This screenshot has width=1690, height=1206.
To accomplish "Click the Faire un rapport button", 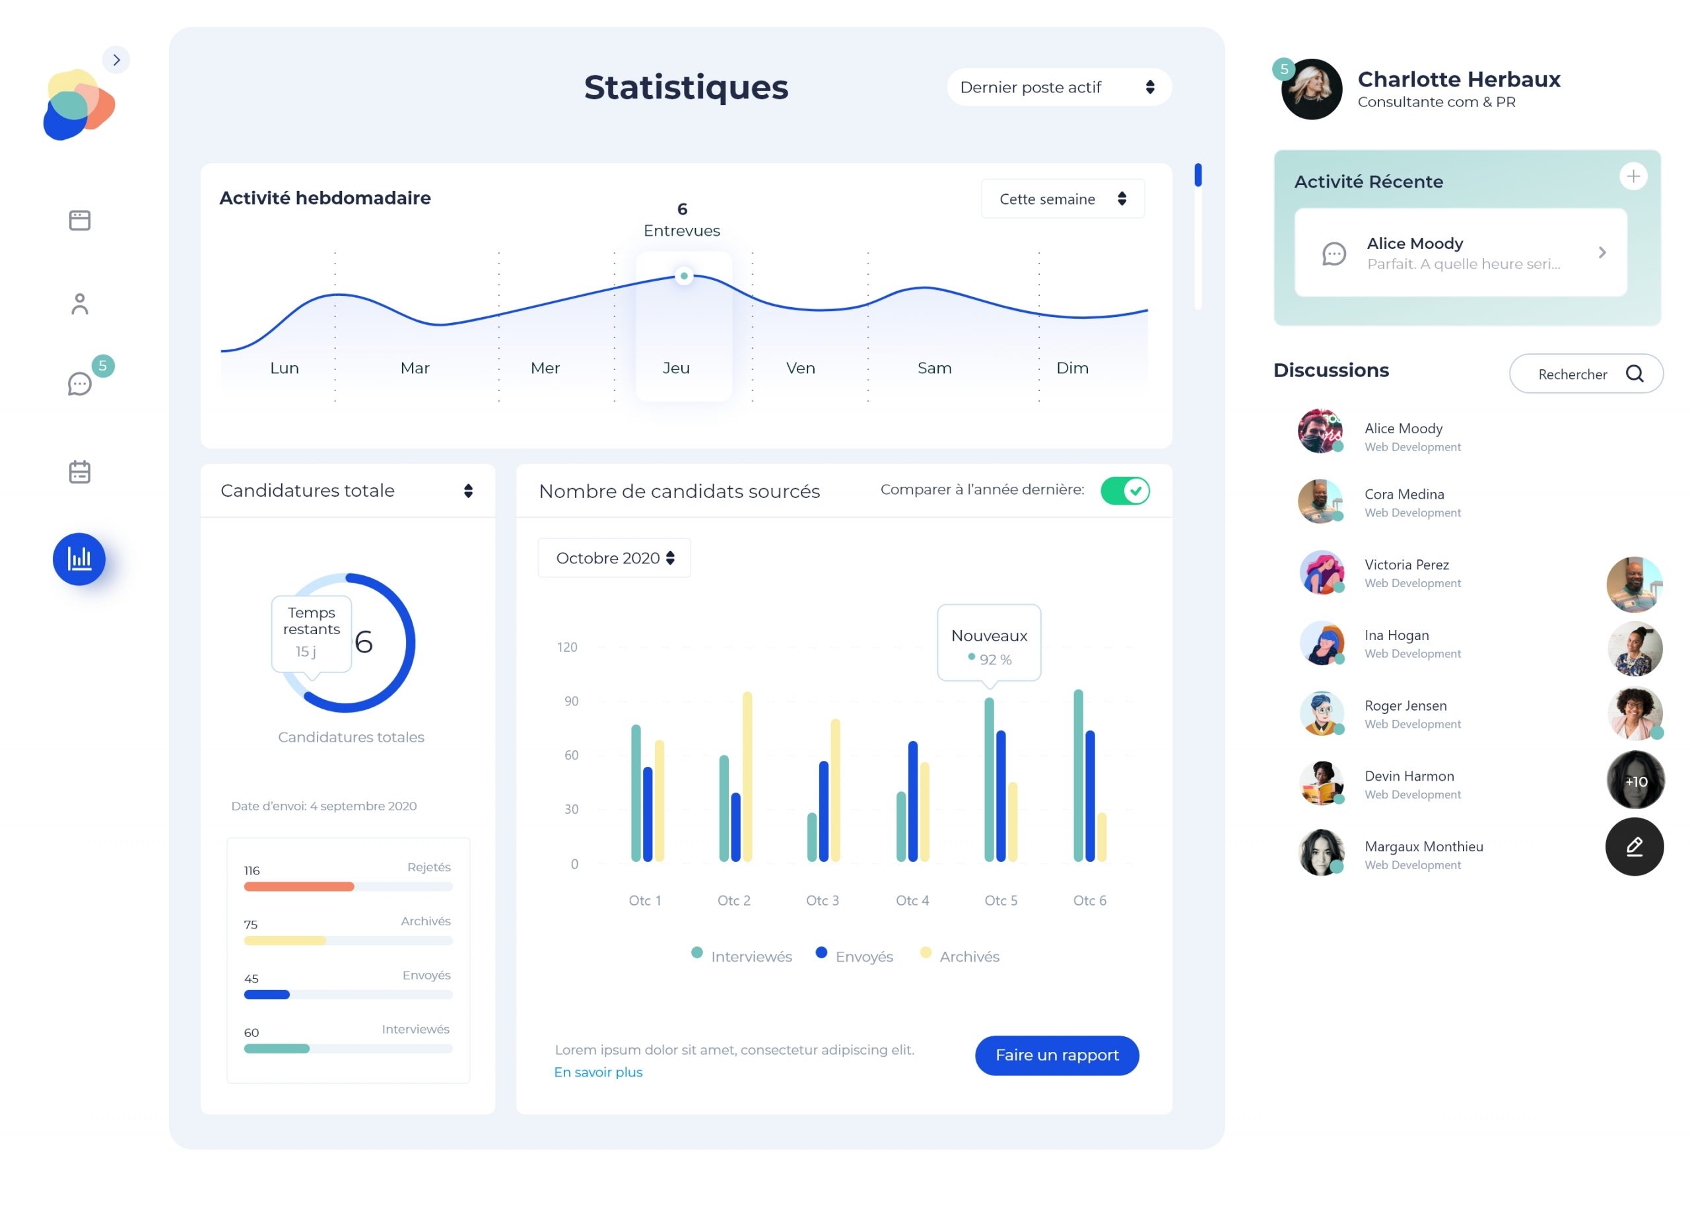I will click(1056, 1055).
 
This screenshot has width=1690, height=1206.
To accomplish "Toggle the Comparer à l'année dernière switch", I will click(1124, 491).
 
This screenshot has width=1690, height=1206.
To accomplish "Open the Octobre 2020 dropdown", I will click(614, 557).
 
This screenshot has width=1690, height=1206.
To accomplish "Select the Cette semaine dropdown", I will click(1062, 199).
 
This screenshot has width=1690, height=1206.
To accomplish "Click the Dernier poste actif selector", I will click(1058, 88).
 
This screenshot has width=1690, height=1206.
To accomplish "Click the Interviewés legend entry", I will click(742, 956).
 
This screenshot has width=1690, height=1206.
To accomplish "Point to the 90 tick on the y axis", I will click(571, 701).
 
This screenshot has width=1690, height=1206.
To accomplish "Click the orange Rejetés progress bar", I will click(298, 886).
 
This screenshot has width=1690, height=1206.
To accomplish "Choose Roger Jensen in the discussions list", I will click(1404, 713).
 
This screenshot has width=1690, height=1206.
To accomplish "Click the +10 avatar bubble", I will click(1635, 781).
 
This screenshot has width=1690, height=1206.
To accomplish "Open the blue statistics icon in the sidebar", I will click(79, 559).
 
